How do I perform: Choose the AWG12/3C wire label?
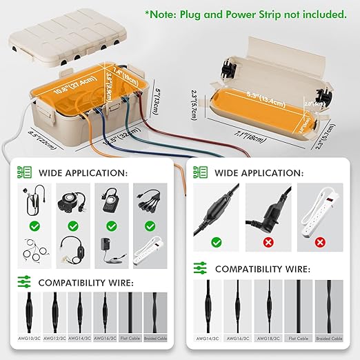pos(56,339)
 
